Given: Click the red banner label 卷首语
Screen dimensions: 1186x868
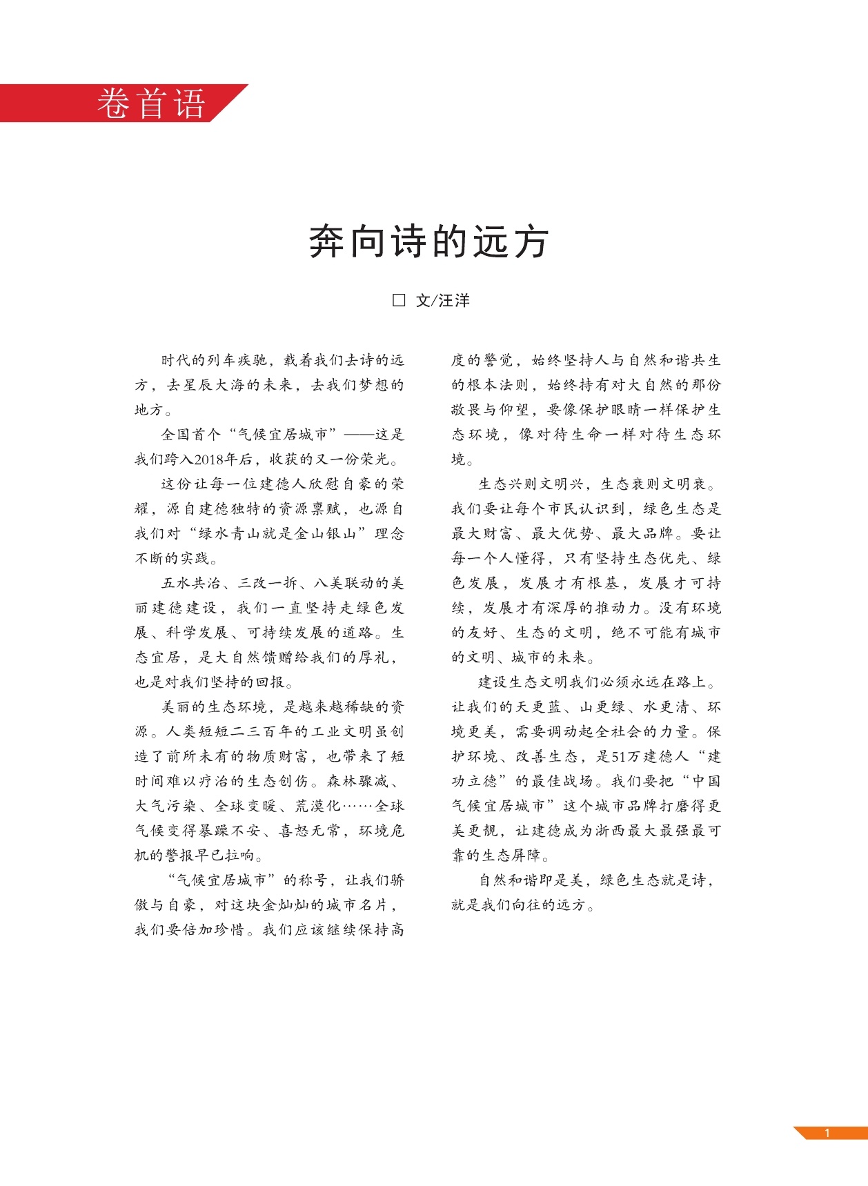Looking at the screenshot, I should click(151, 103).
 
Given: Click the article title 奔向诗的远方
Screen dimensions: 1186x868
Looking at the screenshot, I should click(428, 241).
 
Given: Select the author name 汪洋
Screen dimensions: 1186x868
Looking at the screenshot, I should click(454, 301).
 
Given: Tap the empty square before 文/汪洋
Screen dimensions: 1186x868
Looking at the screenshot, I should click(399, 300).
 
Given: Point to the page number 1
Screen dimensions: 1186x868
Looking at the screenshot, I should click(827, 1133).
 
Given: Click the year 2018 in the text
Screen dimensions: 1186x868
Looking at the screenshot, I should click(210, 459).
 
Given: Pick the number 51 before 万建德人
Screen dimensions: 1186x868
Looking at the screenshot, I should click(620, 757).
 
